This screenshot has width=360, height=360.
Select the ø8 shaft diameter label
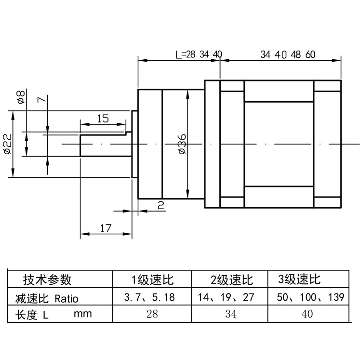[20, 97]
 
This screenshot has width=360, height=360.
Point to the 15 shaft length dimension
[103, 119]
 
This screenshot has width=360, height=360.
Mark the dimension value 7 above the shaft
[42, 100]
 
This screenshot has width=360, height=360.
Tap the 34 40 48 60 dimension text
[288, 54]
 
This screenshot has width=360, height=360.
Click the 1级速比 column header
[152, 280]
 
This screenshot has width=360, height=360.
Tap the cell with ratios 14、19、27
[226, 297]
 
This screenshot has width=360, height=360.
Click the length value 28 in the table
[152, 314]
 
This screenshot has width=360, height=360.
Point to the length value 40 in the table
[307, 314]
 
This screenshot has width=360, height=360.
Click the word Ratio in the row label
[66, 298]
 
